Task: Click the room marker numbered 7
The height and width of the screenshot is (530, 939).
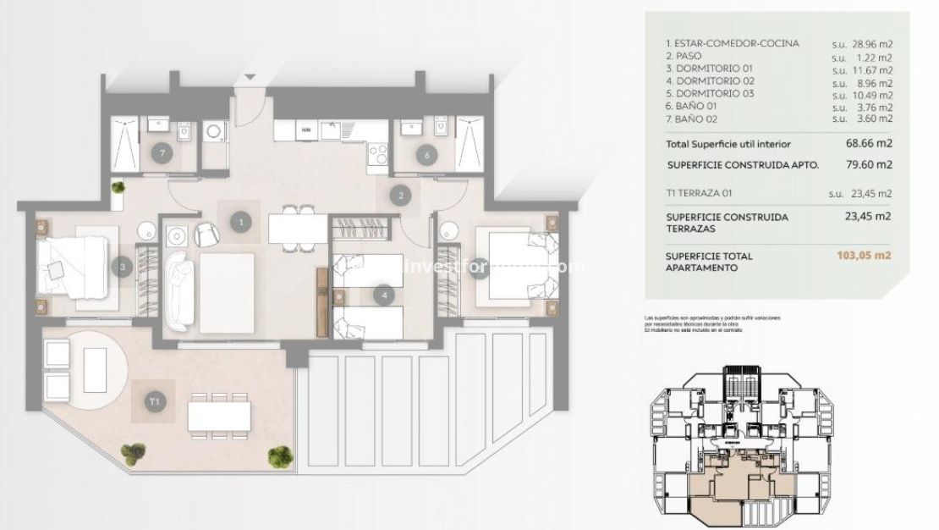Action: pyautogui.click(x=162, y=154)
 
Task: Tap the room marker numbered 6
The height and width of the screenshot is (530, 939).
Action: pyautogui.click(x=427, y=154)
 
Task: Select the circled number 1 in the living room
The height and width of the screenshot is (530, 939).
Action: pyautogui.click(x=242, y=222)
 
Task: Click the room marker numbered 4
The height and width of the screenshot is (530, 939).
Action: pyautogui.click(x=385, y=295)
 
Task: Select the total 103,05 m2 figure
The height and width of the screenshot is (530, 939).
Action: pyautogui.click(x=863, y=255)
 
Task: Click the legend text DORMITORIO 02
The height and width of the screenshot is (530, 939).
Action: pyautogui.click(x=710, y=81)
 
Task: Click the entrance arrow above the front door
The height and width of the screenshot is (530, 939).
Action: pyautogui.click(x=250, y=79)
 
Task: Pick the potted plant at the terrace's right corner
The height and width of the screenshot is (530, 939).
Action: pyautogui.click(x=280, y=456)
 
